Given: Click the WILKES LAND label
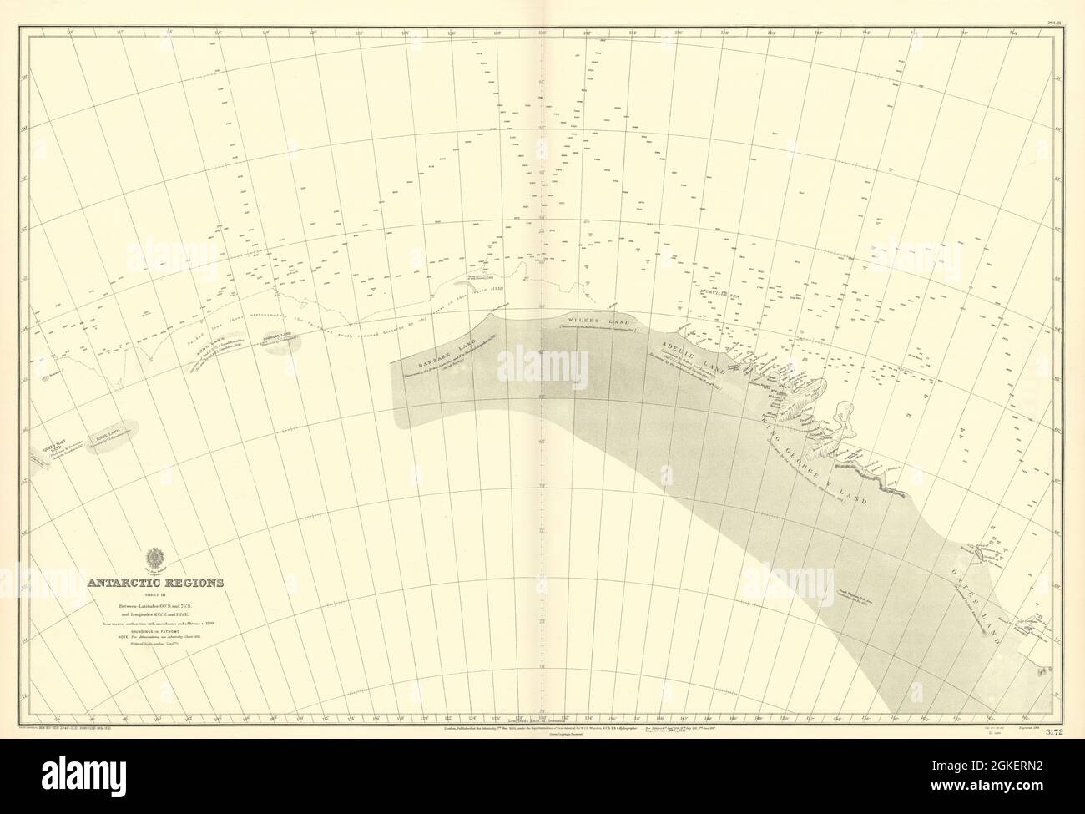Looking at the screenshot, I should [583, 319].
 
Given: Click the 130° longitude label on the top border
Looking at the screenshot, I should [542, 33].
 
